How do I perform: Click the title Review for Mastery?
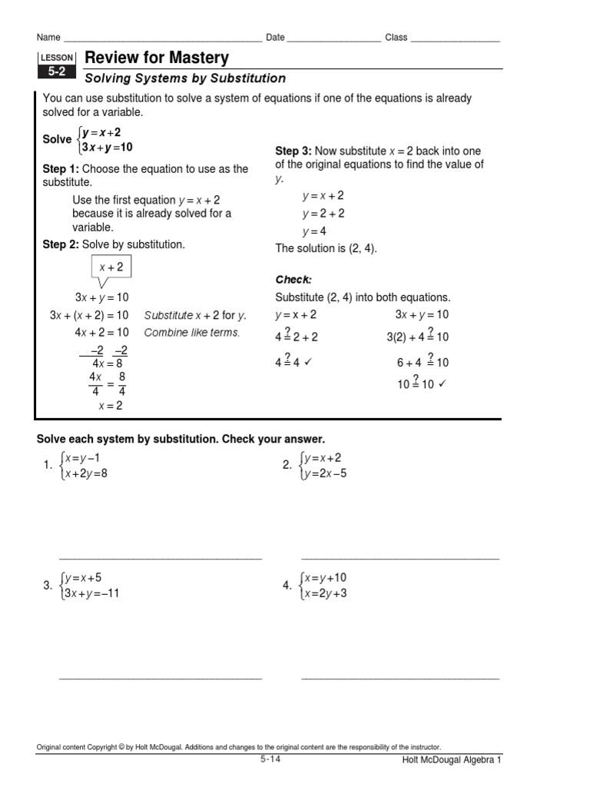click(157, 58)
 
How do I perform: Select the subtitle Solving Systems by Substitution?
click(185, 78)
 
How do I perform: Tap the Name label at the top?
click(48, 38)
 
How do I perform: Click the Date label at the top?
click(275, 38)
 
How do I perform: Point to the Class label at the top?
click(396, 38)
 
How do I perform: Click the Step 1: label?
click(61, 169)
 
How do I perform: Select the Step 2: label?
click(61, 244)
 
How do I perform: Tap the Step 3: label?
click(293, 151)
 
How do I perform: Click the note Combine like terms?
click(192, 333)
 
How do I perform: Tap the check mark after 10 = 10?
click(442, 384)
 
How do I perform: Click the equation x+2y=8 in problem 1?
click(86, 473)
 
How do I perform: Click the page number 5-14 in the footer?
click(270, 759)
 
